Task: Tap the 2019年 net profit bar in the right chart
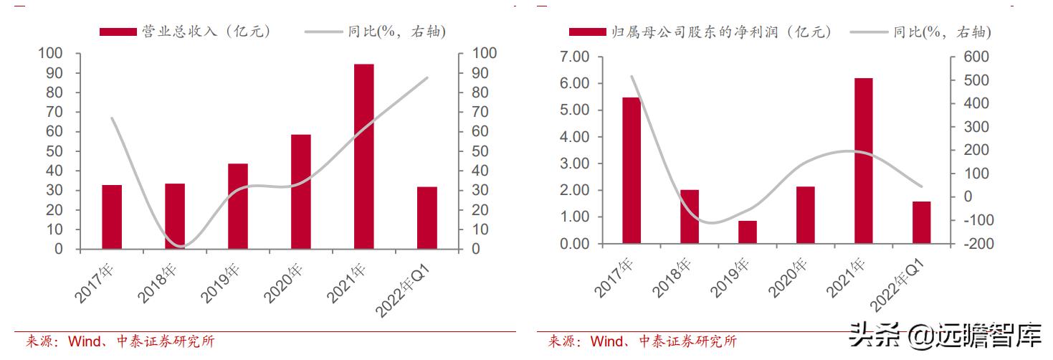pos(747,232)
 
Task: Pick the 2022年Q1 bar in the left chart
pos(427,218)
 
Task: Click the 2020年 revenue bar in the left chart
pos(300,191)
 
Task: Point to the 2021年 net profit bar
pos(863,161)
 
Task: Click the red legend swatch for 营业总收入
pos(118,32)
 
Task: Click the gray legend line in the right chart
pos(868,32)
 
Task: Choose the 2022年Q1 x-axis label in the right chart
pos(901,288)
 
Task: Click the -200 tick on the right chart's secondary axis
pos(969,245)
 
